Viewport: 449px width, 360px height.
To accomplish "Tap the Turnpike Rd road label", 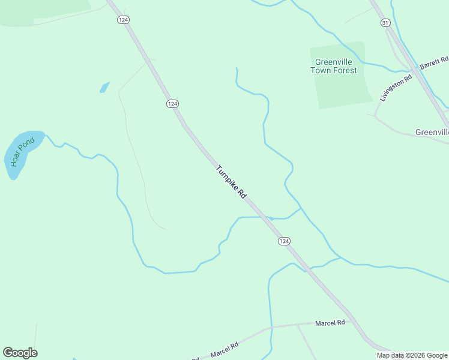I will [231, 182].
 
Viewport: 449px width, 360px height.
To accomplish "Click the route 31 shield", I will [385, 22].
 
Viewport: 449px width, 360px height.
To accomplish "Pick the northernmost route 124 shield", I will [124, 20].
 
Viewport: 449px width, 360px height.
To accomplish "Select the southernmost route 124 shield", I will [284, 241].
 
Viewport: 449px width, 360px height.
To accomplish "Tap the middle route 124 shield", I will [172, 104].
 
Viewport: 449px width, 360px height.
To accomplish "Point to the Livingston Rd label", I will [396, 88].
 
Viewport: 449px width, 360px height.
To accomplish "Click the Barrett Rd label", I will [434, 62].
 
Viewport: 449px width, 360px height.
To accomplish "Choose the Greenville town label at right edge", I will [432, 132].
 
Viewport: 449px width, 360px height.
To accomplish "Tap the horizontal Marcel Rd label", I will [330, 323].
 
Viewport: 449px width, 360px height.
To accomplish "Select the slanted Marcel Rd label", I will [224, 349].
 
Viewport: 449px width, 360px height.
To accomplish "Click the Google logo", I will [20, 353].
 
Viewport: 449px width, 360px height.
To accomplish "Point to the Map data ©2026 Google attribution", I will [412, 355].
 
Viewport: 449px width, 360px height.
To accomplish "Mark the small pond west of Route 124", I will [104, 87].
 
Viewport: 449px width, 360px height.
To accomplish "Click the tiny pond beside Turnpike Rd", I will [271, 218].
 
